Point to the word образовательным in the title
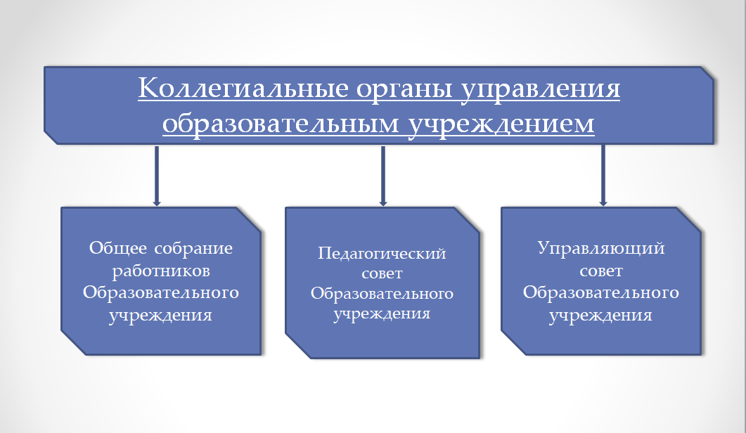(x=281, y=123)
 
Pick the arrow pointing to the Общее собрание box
(x=157, y=176)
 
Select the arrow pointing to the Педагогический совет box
(x=383, y=176)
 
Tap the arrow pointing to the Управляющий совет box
(x=603, y=176)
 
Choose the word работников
(x=161, y=271)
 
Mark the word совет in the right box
(x=601, y=271)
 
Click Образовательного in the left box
(x=161, y=292)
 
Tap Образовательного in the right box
(x=601, y=292)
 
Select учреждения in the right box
(x=601, y=315)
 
